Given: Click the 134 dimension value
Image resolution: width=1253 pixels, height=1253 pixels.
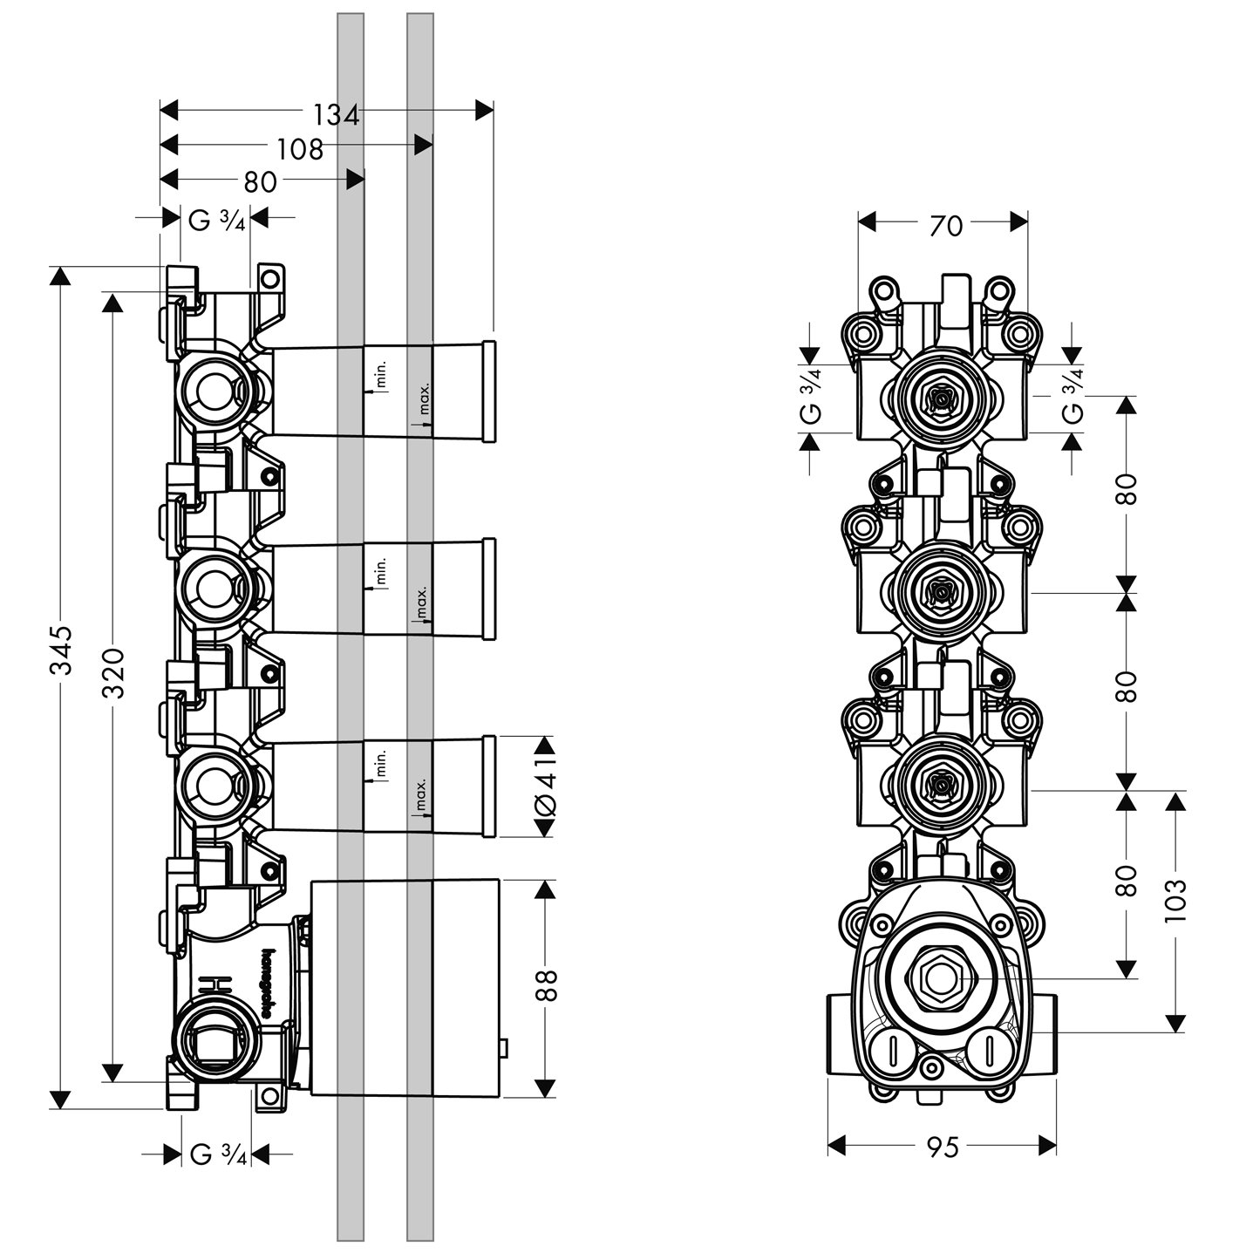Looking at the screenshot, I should (336, 114).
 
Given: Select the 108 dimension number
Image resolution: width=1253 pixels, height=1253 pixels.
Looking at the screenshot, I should (300, 149).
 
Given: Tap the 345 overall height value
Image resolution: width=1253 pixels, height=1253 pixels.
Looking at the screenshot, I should (60, 650).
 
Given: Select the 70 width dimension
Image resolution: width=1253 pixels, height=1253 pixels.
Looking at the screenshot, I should (945, 226).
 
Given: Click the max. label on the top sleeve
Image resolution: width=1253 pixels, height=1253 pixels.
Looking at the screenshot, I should (423, 398).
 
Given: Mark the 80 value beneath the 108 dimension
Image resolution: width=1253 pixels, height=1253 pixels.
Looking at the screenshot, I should (260, 182).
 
